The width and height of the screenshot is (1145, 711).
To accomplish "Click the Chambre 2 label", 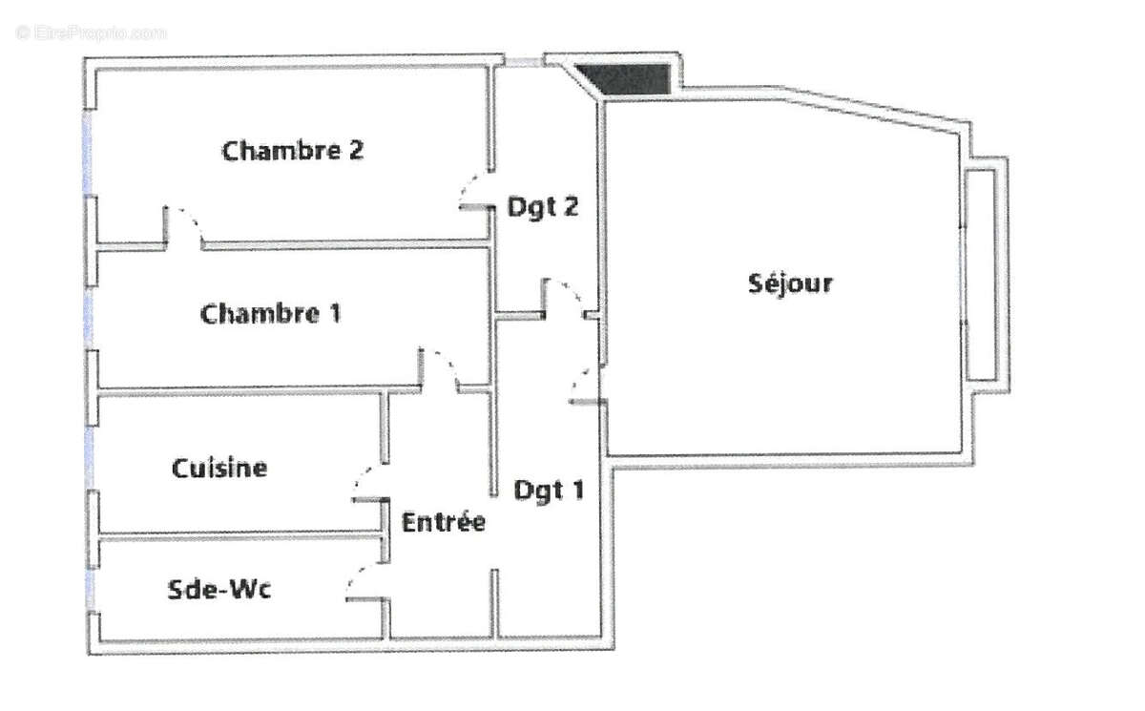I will pos(294,151).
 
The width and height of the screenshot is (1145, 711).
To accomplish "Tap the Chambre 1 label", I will pos(271,314).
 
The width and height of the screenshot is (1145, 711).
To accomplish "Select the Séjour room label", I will pos(790,283).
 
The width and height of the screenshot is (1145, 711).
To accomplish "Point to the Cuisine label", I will pos(219,469).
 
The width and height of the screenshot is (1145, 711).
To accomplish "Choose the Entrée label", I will pos(443,523).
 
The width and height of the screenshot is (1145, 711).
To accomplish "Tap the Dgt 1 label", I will pos(549,491).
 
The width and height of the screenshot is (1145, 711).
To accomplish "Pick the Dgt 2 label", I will pos(542,206).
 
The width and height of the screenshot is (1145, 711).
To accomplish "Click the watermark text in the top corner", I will pos(91,32).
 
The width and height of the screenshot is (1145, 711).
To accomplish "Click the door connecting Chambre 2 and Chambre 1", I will pos(184,226).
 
